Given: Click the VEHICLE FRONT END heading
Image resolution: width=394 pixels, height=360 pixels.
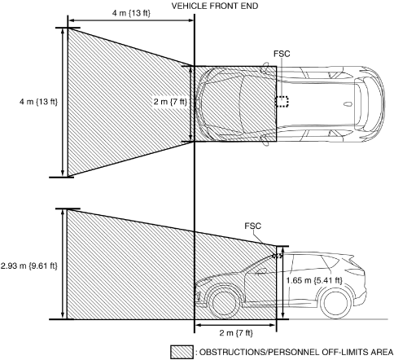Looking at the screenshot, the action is point(215,6).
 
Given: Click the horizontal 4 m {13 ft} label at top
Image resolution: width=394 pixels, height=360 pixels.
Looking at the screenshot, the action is point(131,13).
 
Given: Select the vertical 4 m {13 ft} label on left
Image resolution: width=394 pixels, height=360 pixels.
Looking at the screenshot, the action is point(38,102).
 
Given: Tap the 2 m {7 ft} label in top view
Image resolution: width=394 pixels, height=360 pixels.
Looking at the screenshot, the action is point(170,102).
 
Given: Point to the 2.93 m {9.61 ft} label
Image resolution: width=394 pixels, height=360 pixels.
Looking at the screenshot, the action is point(29,266).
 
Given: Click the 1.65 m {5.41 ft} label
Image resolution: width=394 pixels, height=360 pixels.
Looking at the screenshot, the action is point(314,280).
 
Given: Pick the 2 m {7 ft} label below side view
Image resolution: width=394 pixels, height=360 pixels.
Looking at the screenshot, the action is point(236,333).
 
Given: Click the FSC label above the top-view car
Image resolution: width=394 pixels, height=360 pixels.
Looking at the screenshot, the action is point(282,54).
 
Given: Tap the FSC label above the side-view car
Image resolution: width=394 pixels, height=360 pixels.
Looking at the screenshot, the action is point(252,226).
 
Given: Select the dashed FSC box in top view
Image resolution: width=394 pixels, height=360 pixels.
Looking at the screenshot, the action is point(282,101).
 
